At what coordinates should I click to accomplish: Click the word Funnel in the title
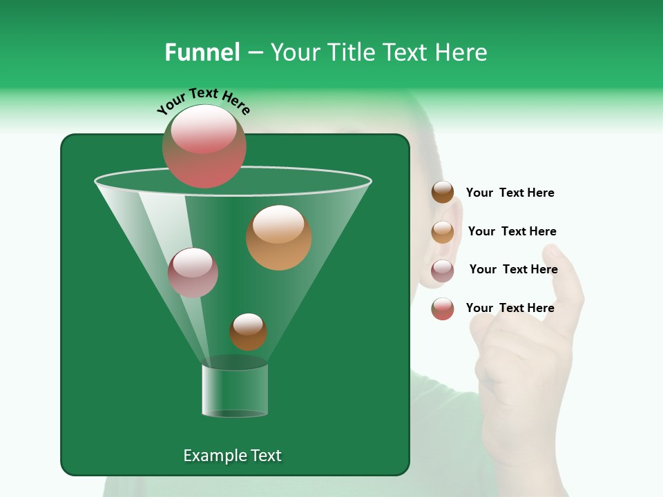tap(202, 52)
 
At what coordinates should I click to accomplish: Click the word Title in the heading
tap(348, 52)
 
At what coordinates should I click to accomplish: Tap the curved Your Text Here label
tap(204, 101)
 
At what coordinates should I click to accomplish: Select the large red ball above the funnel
tap(204, 146)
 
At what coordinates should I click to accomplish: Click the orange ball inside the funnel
tap(279, 237)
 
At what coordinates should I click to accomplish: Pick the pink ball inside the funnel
tap(193, 273)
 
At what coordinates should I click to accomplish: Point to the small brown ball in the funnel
tap(248, 331)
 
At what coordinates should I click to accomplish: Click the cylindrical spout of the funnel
tap(235, 390)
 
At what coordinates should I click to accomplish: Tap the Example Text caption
tap(232, 456)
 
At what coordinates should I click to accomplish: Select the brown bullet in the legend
tap(443, 193)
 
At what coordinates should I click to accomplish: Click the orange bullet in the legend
tap(443, 232)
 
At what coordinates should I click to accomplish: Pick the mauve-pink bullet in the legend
tap(443, 271)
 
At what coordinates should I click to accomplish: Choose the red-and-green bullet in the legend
tap(443, 309)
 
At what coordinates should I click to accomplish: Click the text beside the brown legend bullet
tap(510, 193)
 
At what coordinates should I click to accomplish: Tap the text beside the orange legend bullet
tap(512, 232)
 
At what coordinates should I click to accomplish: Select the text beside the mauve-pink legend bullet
tap(513, 270)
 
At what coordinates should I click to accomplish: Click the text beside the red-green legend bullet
tap(510, 308)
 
